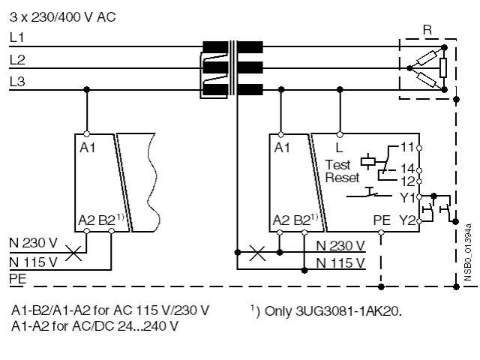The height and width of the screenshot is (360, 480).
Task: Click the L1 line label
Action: pyautogui.click(x=17, y=36)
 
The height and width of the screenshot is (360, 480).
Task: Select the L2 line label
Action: pyautogui.click(x=17, y=58)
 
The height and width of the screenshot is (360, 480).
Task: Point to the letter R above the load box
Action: pyautogui.click(x=427, y=30)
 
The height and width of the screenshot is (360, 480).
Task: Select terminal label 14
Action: pyautogui.click(x=407, y=169)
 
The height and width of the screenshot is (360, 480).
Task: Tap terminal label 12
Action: pyautogui.click(x=407, y=181)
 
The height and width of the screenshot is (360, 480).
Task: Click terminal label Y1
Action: pyautogui.click(x=407, y=198)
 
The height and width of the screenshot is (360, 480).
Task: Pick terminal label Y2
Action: pyautogui.click(x=407, y=220)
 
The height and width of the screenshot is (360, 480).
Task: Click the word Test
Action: pyautogui.click(x=337, y=164)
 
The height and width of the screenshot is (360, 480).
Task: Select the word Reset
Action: pyautogui.click(x=342, y=178)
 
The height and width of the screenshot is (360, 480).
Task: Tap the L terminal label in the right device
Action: pyautogui.click(x=339, y=147)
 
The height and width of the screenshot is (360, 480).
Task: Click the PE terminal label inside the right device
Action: pyautogui.click(x=381, y=220)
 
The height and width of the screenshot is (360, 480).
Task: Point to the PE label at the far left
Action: pyautogui.click(x=18, y=279)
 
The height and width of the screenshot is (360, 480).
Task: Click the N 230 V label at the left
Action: pyautogui.click(x=33, y=244)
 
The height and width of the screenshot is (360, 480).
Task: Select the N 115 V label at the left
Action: pyautogui.click(x=33, y=262)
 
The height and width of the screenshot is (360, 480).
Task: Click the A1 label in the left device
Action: pyautogui.click(x=87, y=147)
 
